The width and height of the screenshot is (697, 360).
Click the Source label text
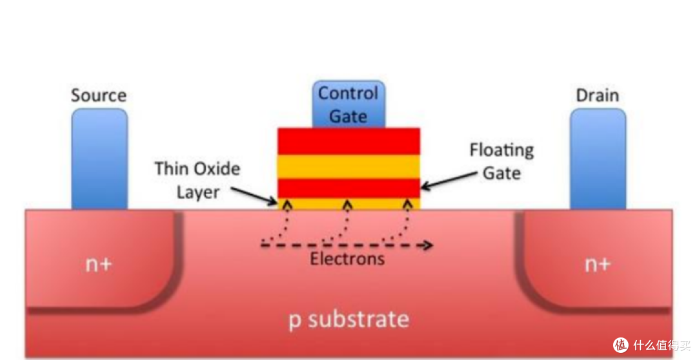coord(99,95)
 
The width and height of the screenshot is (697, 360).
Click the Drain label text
coord(598,95)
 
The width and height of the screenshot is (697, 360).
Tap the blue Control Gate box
coord(348,105)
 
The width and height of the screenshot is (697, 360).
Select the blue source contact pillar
coord(99,159)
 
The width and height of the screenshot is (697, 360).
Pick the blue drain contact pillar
coord(598,159)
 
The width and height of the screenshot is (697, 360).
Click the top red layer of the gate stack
coord(349,141)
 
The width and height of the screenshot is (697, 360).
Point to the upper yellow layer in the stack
coord(349,166)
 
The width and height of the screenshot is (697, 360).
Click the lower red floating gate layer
coord(349,188)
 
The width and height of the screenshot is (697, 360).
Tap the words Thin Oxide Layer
coord(197,181)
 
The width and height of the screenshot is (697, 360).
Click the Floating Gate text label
coord(502,161)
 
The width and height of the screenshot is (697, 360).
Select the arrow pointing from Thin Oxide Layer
coord(254,196)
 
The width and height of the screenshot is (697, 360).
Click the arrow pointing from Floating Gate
coord(449,181)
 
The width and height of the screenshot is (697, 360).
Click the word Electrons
coord(347,259)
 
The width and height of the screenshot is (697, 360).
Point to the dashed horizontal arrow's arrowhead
coord(428,245)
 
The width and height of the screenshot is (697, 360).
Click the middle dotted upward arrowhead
coord(348,205)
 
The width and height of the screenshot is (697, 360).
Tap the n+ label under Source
coord(99,265)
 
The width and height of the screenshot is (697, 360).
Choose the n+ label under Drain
coord(598,265)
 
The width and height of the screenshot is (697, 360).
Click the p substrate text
coord(349,319)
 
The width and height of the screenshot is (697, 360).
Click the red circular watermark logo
coord(621,345)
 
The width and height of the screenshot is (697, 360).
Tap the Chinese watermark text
coord(662,345)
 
